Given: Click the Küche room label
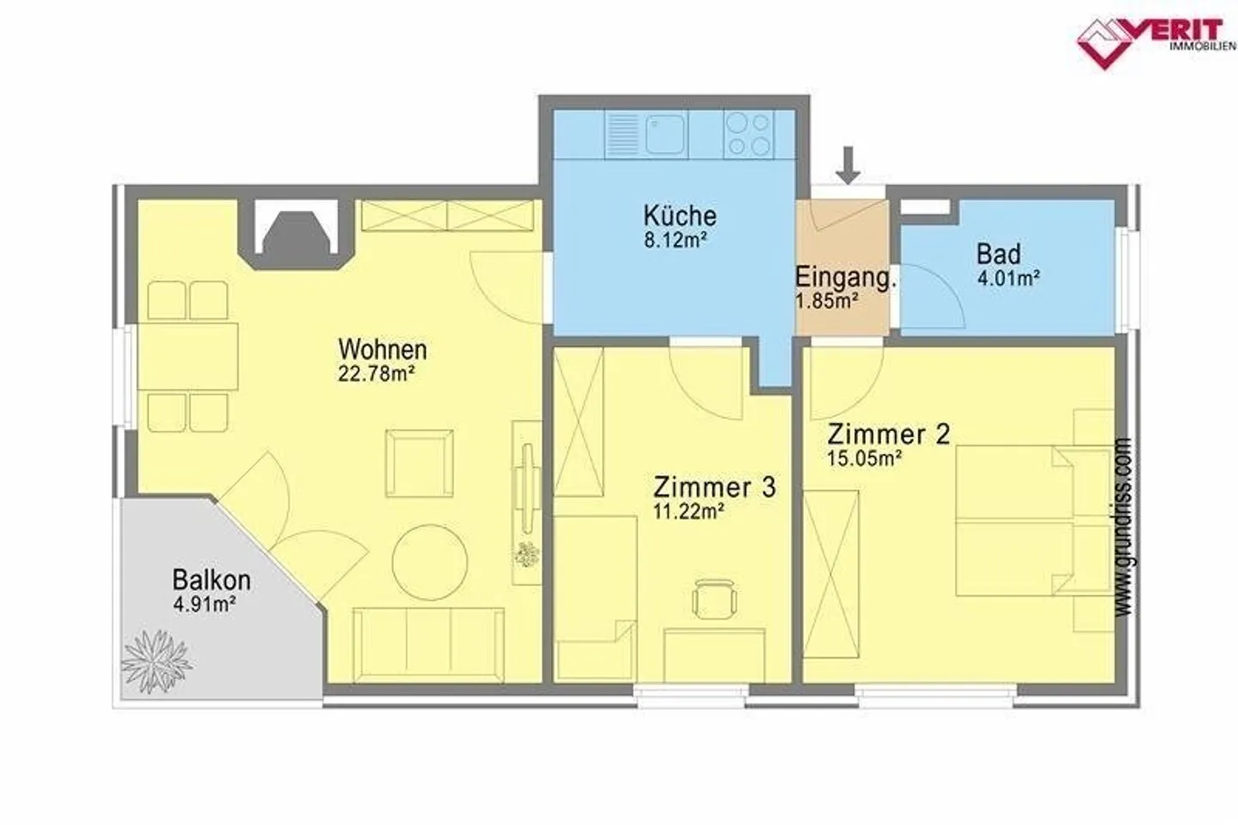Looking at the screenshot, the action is point(680,216).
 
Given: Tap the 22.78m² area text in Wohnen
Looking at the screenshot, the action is point(377,374).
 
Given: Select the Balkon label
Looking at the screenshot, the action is point(211,580).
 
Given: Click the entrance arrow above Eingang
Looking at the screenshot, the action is point(848,165).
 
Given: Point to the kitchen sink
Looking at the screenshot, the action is point(666,134).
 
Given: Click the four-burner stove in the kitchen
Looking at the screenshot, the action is point(749,134).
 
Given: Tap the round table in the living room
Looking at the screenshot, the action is point(430,563).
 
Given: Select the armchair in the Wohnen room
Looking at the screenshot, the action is point(420,464).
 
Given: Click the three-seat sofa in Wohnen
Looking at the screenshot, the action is point(428,644).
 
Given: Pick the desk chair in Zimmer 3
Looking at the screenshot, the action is point(714,599).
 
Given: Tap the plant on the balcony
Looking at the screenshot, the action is point(156,662).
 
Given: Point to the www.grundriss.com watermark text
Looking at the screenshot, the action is point(1123,526).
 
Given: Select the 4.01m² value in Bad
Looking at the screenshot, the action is point(1008,278).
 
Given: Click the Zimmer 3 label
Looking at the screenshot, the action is point(714,488).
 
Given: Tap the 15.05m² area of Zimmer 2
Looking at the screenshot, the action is point(865,459).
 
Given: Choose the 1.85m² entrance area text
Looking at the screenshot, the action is point(827,301).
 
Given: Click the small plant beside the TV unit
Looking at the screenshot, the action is point(526,555).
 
